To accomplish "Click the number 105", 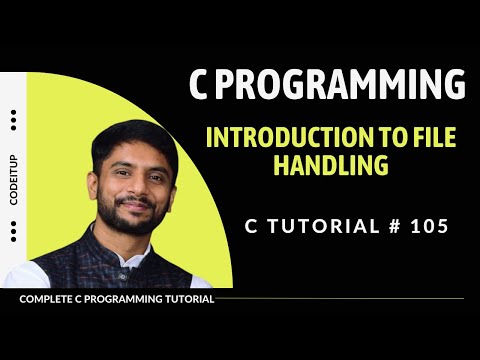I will click(429, 226).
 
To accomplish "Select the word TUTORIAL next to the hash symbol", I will click(318, 226).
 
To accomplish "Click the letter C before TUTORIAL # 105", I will click(251, 226).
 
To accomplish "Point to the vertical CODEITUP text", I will click(14, 179).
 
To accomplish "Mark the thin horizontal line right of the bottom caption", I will click(340, 299).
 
